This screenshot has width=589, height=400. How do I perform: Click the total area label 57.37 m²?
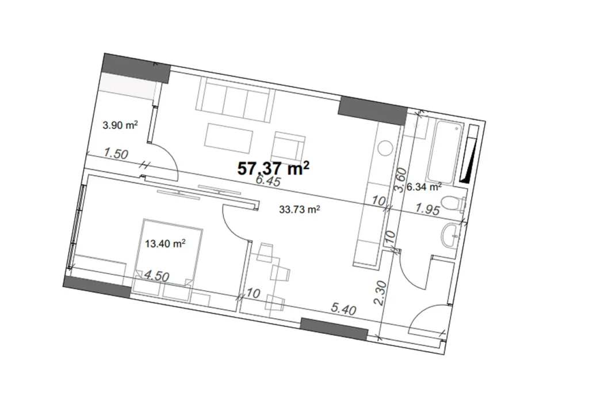pos(274,168)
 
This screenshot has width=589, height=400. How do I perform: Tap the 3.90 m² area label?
pos(120,124)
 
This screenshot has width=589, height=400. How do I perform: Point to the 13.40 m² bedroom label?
pos(165,243)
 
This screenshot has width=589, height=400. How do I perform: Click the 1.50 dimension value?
pos(116,154)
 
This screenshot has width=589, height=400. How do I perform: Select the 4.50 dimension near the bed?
pos(156,276)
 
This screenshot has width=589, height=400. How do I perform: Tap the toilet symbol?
pos(458,205)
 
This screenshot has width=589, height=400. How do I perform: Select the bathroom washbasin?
pos(452,235)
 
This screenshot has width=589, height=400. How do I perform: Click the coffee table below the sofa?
pos(230,136)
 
